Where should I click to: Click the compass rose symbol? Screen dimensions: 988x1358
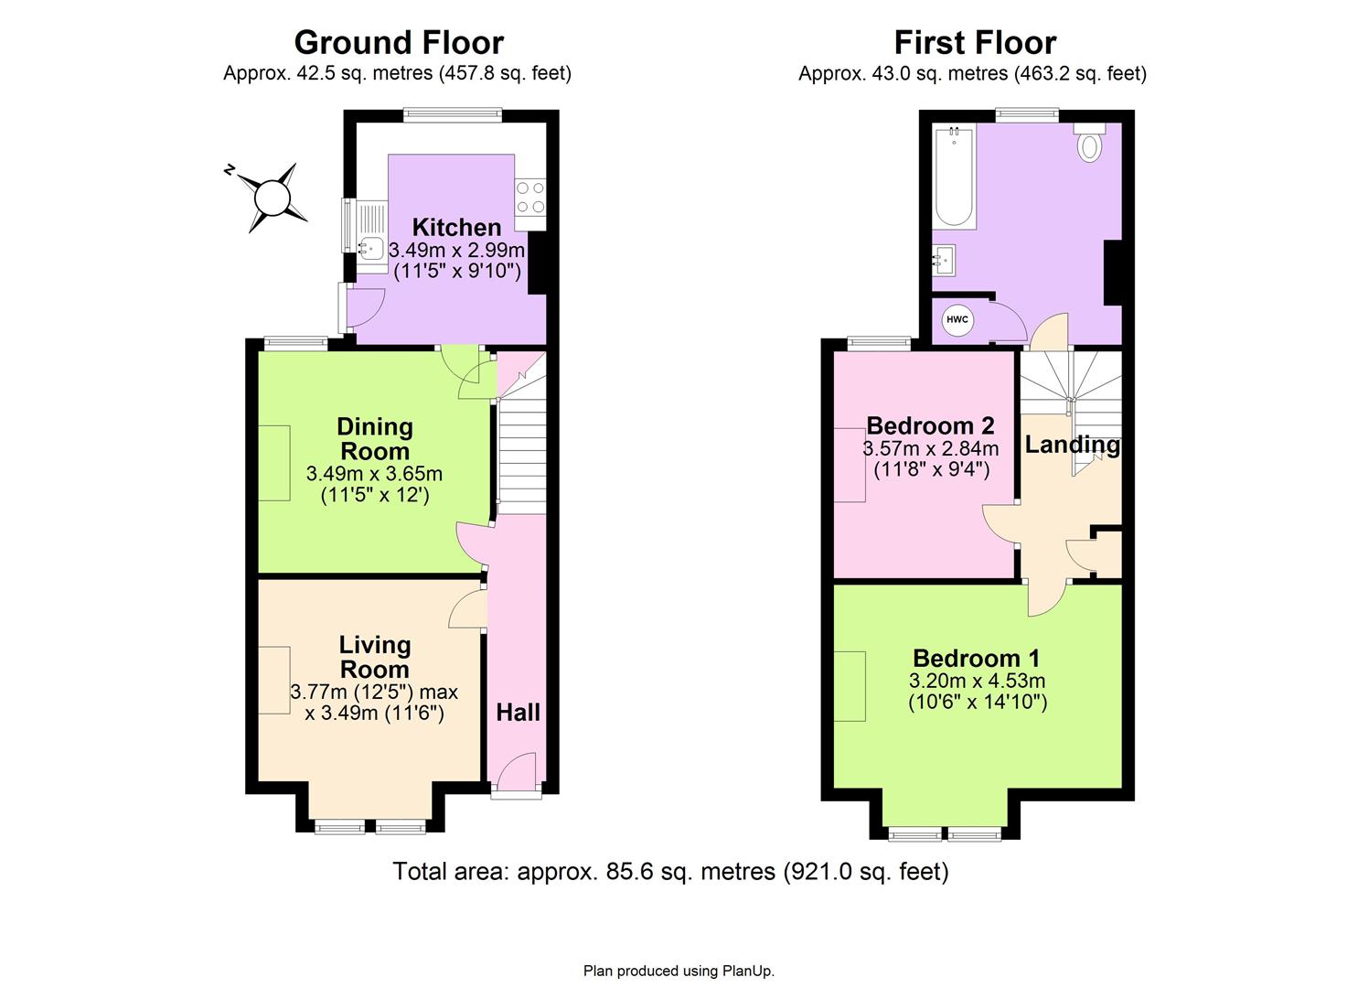click(x=271, y=196)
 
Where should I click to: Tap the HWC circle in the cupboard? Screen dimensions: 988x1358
click(x=957, y=320)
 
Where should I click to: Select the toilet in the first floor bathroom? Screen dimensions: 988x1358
click(x=1089, y=145)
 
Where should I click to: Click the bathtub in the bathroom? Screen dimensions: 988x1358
click(x=955, y=177)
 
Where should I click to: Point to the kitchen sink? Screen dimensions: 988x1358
click(x=371, y=247)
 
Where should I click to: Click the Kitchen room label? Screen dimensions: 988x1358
click(x=456, y=227)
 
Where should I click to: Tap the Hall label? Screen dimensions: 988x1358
click(x=518, y=713)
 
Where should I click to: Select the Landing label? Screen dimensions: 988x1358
click(x=1072, y=445)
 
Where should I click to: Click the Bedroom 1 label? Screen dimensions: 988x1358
click(x=976, y=658)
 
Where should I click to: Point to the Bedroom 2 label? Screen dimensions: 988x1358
click(x=930, y=425)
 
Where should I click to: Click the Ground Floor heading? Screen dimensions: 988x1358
click(x=398, y=42)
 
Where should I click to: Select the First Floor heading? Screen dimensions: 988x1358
click(x=975, y=42)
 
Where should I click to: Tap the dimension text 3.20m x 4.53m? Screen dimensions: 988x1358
click(x=977, y=681)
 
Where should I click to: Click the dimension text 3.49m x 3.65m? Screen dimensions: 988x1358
click(x=374, y=474)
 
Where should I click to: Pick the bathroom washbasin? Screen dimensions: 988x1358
click(x=944, y=260)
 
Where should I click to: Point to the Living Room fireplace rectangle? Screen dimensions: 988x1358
click(x=274, y=680)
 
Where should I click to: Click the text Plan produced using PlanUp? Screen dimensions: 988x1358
click(x=679, y=971)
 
